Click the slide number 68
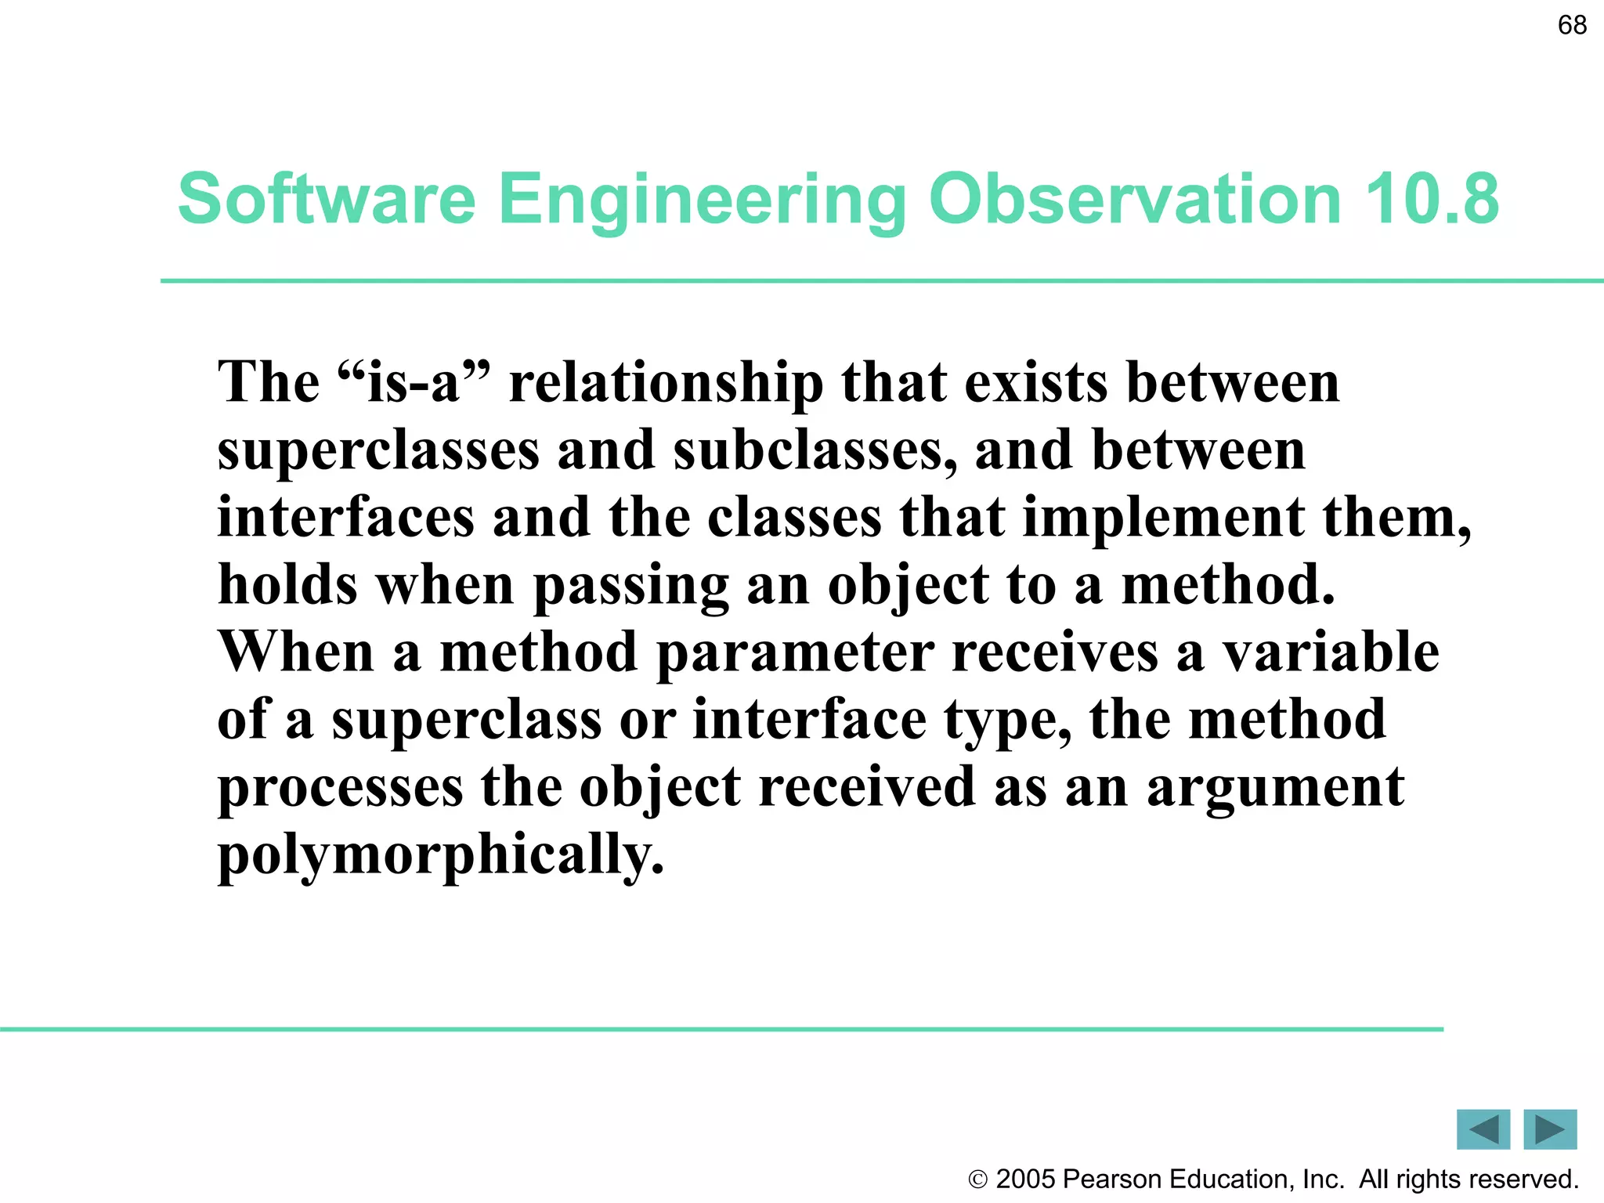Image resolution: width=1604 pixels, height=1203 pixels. pyautogui.click(x=1572, y=25)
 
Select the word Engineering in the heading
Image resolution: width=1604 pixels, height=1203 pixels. pyautogui.click(x=702, y=200)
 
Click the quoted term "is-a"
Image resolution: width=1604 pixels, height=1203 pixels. pyautogui.click(x=414, y=383)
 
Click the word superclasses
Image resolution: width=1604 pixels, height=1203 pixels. pyautogui.click(x=378, y=452)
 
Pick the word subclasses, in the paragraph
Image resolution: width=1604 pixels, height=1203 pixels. pyautogui.click(x=815, y=452)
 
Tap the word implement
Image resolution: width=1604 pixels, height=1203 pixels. pyautogui.click(x=1163, y=519)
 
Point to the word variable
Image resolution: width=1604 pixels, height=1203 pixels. pyautogui.click(x=1331, y=652)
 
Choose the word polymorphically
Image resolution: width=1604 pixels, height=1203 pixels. pyautogui.click(x=441, y=856)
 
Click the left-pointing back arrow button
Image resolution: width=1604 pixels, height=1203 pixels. pyautogui.click(x=1483, y=1129)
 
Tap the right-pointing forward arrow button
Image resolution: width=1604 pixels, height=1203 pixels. pyautogui.click(x=1550, y=1129)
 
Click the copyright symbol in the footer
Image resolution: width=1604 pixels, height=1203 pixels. pyautogui.click(x=977, y=1180)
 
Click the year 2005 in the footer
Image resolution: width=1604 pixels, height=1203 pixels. pyautogui.click(x=1026, y=1180)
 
